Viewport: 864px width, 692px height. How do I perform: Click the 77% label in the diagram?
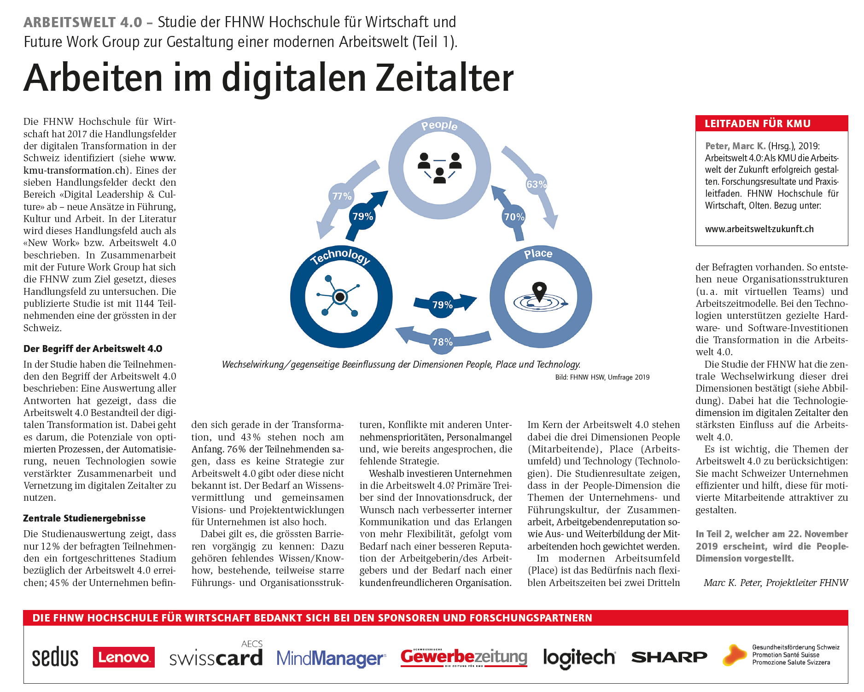pos(342,196)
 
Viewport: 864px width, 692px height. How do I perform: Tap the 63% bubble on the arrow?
pos(536,184)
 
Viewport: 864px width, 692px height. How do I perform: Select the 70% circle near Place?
pos(514,217)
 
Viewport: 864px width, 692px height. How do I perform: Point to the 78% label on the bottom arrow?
pos(442,342)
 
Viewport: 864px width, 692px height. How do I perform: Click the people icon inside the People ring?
pos(439,167)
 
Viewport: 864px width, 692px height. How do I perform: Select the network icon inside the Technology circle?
pos(340,296)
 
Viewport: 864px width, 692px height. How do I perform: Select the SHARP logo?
pos(669,657)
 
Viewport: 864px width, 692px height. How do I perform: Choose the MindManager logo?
pos(331,658)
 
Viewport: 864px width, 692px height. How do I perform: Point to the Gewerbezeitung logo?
pos(464,657)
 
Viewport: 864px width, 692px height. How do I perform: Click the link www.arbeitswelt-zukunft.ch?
pos(759,229)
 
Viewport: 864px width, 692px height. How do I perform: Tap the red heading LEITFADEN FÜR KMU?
pos(758,123)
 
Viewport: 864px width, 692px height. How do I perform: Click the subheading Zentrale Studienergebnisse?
pos(84,518)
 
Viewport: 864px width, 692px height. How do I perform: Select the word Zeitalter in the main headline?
pos(444,78)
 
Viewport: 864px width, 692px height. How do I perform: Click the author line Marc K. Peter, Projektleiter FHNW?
pos(776,583)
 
